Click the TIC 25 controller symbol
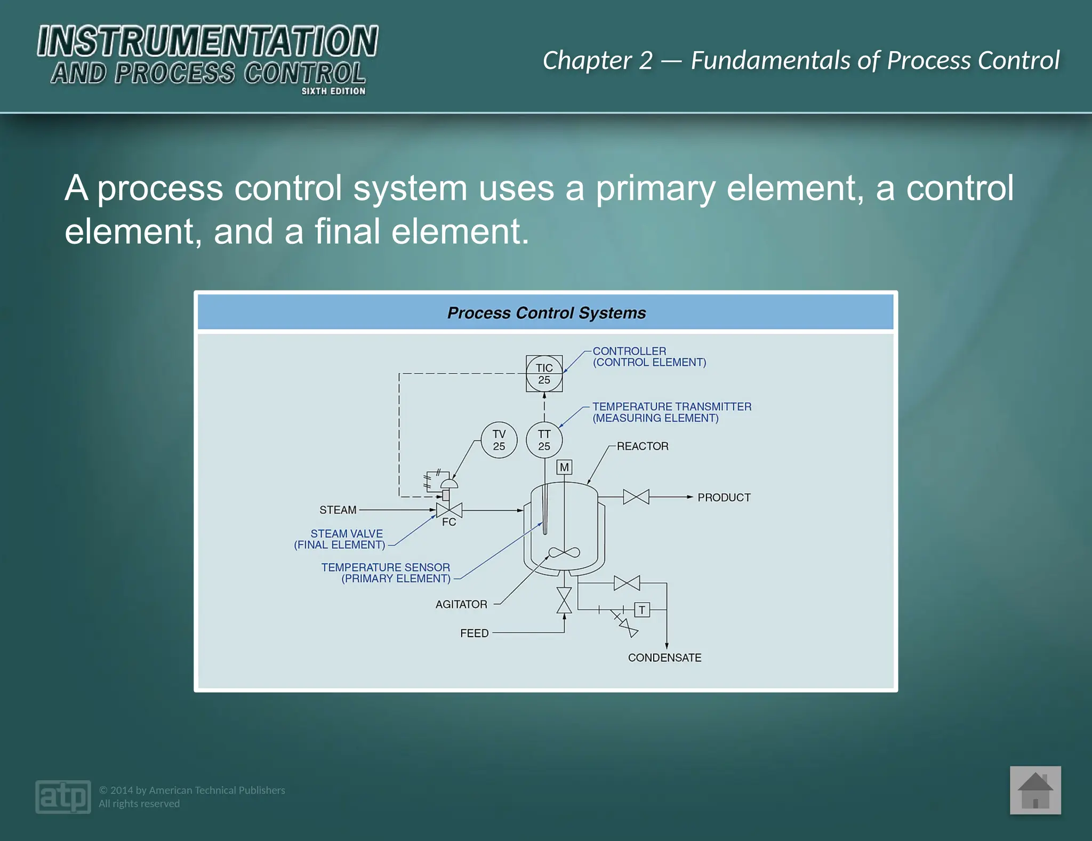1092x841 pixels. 544,374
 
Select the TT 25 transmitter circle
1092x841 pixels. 544,440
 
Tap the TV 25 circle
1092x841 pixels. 499,440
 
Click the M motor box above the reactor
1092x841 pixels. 564,468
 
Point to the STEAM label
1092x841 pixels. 338,510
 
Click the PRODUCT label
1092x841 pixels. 724,498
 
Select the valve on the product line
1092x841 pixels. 636,497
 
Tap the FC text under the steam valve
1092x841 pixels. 449,522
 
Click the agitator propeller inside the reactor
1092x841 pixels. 564,553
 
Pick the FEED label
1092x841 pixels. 474,633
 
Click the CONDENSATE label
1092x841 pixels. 664,658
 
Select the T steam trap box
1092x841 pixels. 642,610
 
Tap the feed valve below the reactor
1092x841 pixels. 564,600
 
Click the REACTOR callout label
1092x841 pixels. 643,446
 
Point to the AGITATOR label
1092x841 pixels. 461,604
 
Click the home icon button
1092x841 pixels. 1035,790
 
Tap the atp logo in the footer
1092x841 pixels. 63,797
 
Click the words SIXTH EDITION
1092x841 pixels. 333,91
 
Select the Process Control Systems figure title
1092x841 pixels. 546,313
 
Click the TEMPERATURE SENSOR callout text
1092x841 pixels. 386,567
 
